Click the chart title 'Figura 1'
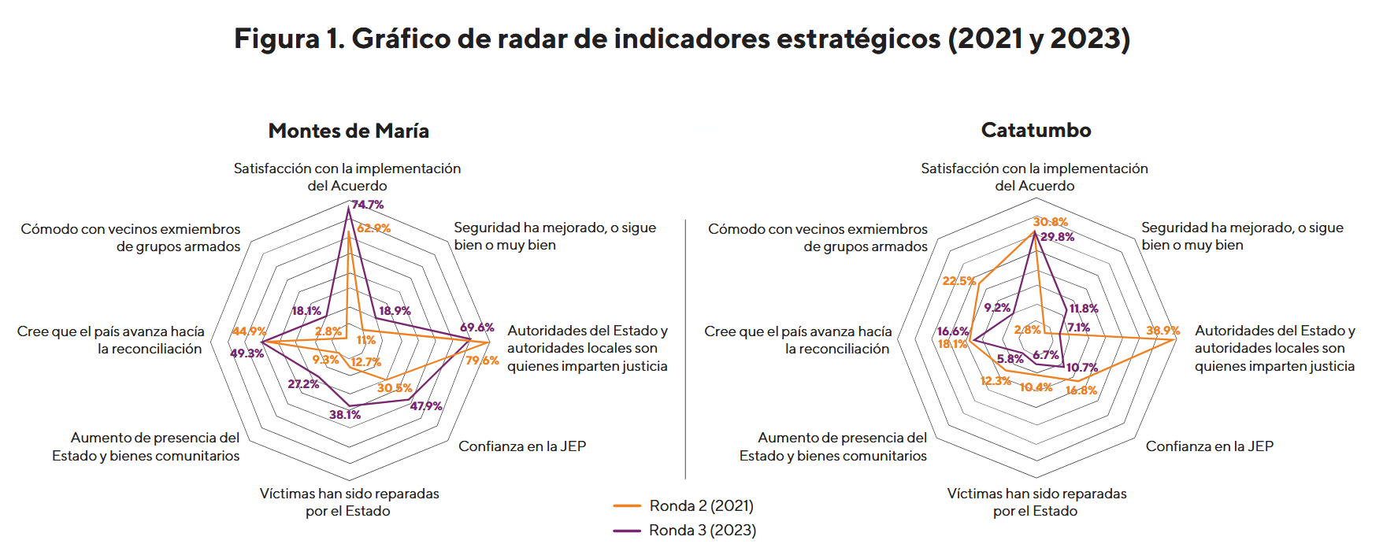(682, 39)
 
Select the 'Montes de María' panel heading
(348, 131)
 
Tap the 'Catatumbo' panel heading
(1036, 130)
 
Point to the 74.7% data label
(368, 205)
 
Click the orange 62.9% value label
(373, 228)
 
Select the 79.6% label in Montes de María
(482, 361)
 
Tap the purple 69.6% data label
(477, 327)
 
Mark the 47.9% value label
(426, 406)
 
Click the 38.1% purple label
(345, 415)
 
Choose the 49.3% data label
(247, 353)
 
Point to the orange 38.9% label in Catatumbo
(1162, 331)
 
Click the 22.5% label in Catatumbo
(958, 281)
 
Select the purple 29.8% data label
(1057, 237)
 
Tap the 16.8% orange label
(1081, 390)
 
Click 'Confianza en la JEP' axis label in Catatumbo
(1209, 446)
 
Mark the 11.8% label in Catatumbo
(1084, 309)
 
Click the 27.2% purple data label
(303, 384)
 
